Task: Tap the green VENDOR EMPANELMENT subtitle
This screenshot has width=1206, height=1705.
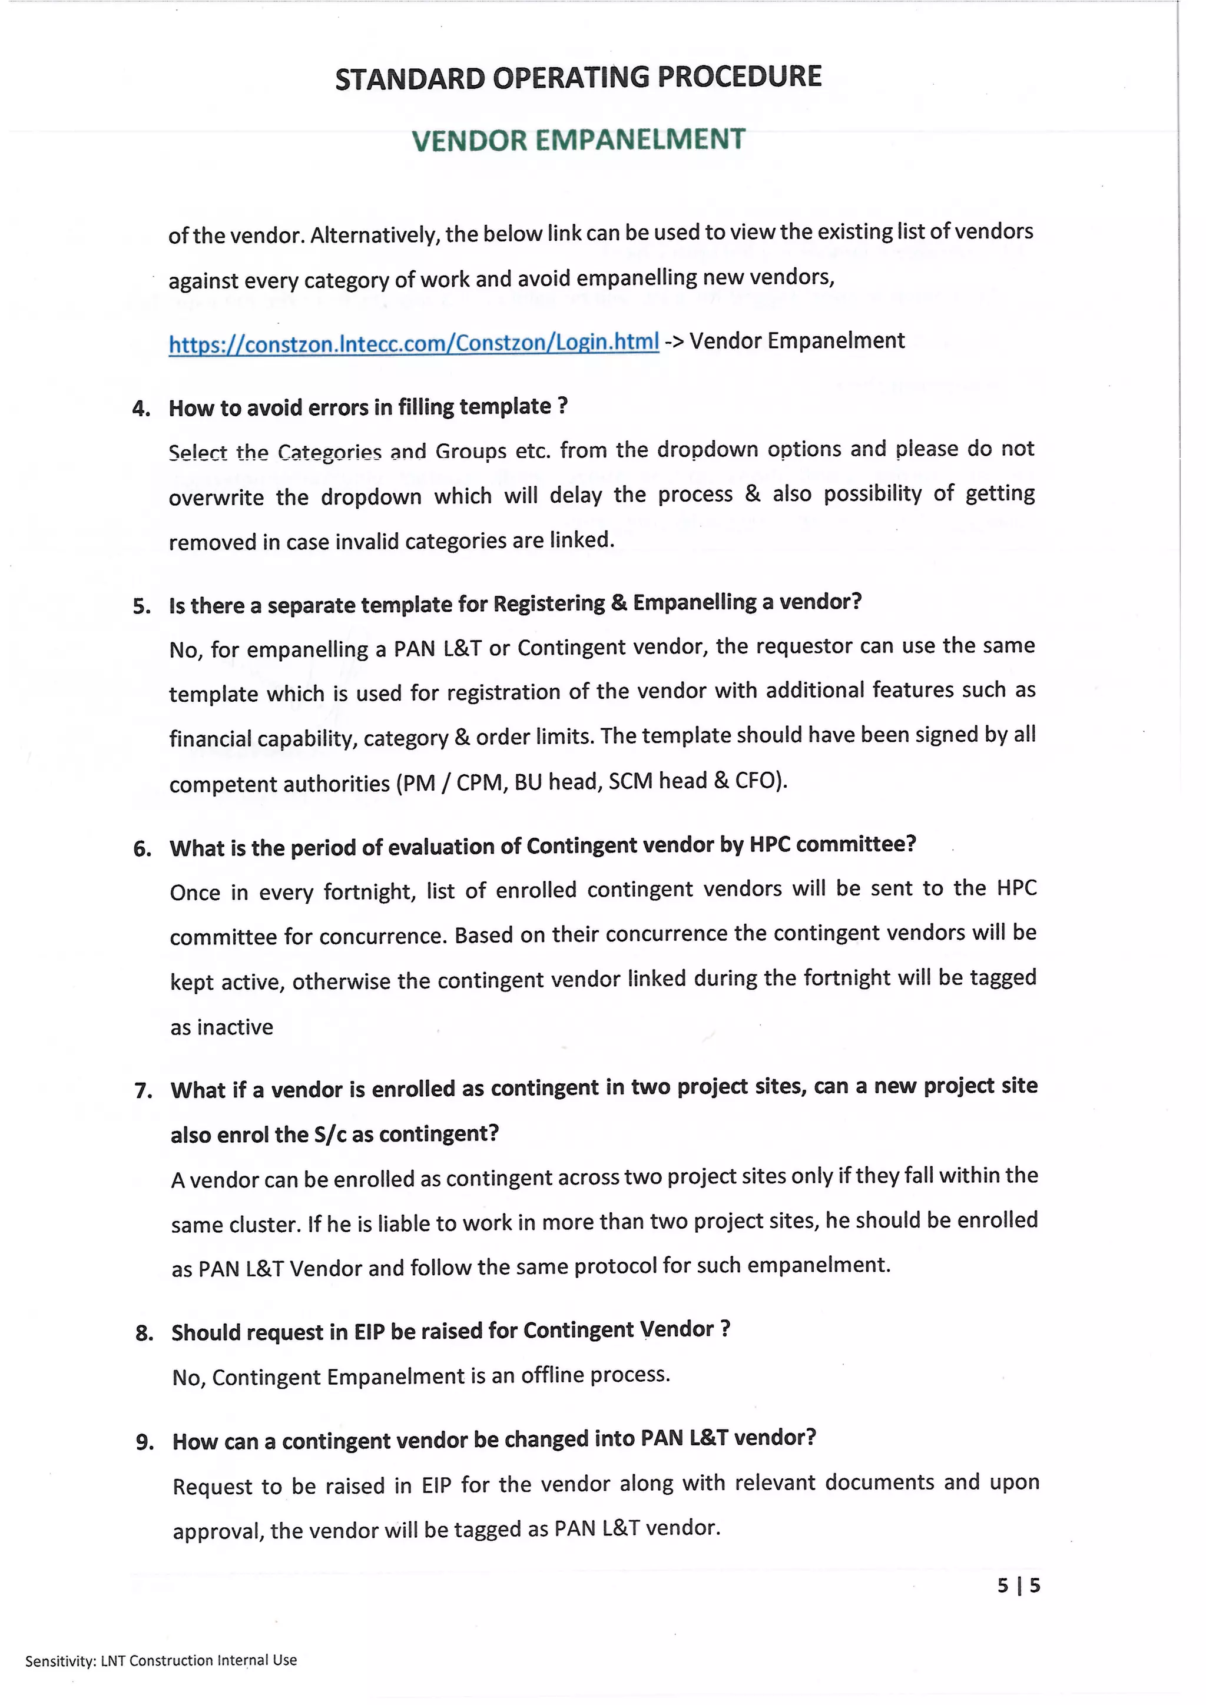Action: click(578, 140)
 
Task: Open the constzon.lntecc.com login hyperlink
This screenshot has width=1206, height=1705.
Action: click(413, 343)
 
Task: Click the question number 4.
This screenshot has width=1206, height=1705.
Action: click(140, 409)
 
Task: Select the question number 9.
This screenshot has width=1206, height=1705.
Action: click(144, 1442)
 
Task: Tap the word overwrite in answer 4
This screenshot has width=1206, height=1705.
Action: click(216, 497)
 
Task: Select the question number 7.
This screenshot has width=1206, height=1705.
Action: click(143, 1091)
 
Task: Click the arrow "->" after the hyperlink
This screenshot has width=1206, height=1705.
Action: click(674, 342)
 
